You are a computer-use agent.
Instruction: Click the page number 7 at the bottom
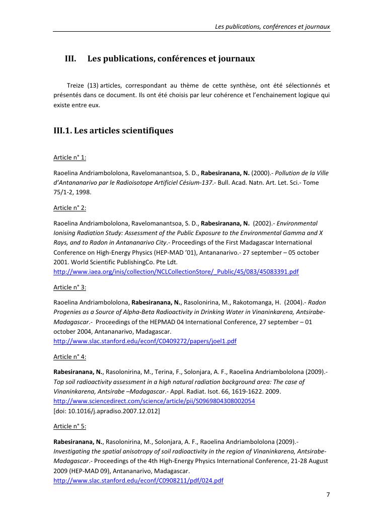pos(328,495)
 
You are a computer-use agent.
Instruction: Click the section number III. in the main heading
pos(70,59)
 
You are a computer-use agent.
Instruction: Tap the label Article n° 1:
pos(69,158)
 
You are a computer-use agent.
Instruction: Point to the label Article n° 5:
pos(69,426)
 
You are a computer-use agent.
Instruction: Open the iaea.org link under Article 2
pos(176,272)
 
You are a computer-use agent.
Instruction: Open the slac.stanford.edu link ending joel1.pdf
pos(145,341)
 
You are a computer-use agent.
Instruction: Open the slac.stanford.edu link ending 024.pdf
pos(138,481)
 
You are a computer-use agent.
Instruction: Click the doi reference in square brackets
pos(107,411)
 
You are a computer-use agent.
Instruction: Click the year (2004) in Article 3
pos(293,302)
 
